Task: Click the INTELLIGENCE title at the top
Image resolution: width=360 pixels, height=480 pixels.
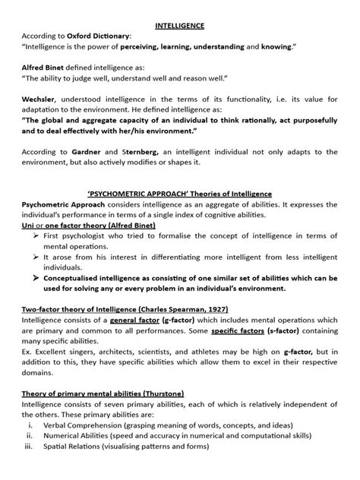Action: tap(179, 25)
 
